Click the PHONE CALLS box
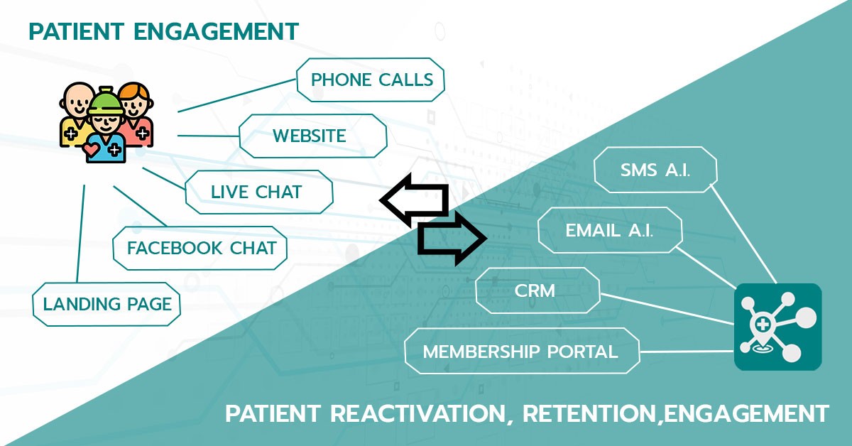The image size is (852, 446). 370,80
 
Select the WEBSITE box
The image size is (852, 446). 312,136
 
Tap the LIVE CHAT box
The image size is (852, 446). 258,192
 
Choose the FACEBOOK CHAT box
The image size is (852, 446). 200,248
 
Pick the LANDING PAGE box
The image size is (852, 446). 106,304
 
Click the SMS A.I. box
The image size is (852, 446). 655,170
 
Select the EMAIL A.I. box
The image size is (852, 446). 610,230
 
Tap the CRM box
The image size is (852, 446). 537,290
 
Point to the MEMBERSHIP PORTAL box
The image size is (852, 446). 523,351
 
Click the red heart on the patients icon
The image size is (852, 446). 92,148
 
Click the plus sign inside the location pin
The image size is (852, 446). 763,325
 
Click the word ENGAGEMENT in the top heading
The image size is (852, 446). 216,31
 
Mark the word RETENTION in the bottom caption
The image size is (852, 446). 590,413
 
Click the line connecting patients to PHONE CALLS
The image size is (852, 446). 237,95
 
